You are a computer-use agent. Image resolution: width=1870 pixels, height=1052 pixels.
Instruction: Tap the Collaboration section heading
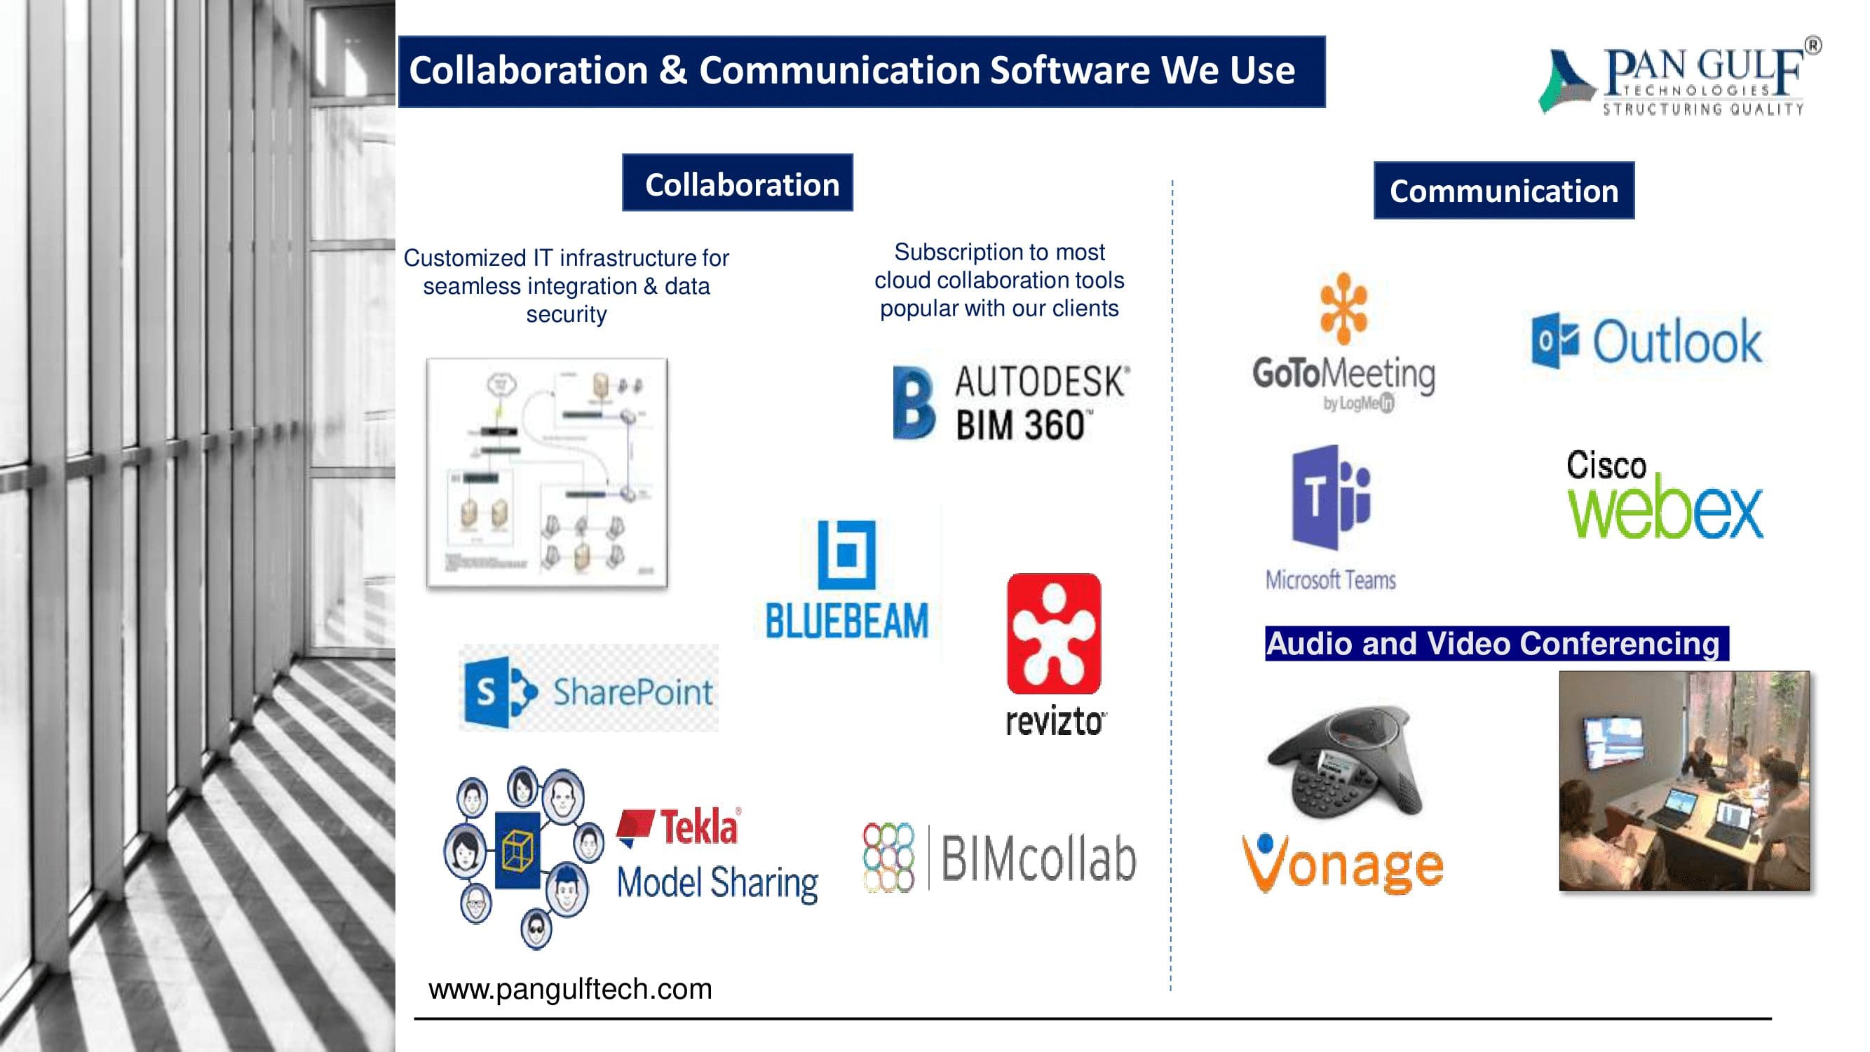click(738, 183)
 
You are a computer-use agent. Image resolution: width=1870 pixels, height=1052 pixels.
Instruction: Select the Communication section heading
click(1503, 190)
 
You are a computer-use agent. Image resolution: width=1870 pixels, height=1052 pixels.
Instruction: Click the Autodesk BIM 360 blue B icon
click(913, 403)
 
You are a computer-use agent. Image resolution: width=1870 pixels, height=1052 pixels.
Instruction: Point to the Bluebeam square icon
click(846, 554)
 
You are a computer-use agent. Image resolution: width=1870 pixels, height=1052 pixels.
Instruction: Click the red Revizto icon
click(1054, 633)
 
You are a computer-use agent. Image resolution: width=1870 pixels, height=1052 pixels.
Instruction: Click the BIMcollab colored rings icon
click(888, 858)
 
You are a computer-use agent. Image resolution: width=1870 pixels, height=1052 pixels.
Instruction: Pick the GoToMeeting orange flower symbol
click(1343, 308)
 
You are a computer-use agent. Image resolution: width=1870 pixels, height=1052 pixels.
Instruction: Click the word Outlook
click(1677, 342)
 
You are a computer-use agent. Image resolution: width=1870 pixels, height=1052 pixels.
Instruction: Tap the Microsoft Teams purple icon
click(1330, 498)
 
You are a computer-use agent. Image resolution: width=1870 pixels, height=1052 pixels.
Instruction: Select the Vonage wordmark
click(1343, 864)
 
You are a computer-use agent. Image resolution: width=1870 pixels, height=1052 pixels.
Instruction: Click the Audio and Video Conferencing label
click(1496, 643)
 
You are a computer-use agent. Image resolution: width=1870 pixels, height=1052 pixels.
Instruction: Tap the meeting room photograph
click(1684, 781)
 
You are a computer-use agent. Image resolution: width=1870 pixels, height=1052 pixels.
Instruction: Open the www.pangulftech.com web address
click(571, 989)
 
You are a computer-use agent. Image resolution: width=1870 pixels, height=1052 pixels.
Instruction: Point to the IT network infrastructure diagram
click(548, 473)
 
